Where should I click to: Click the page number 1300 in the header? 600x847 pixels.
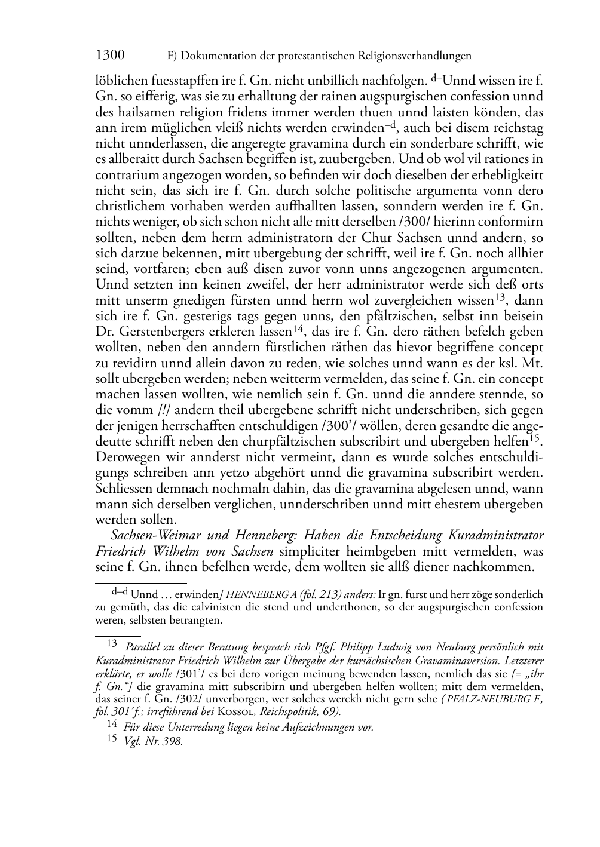110,56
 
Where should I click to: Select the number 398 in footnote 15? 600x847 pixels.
173,742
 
